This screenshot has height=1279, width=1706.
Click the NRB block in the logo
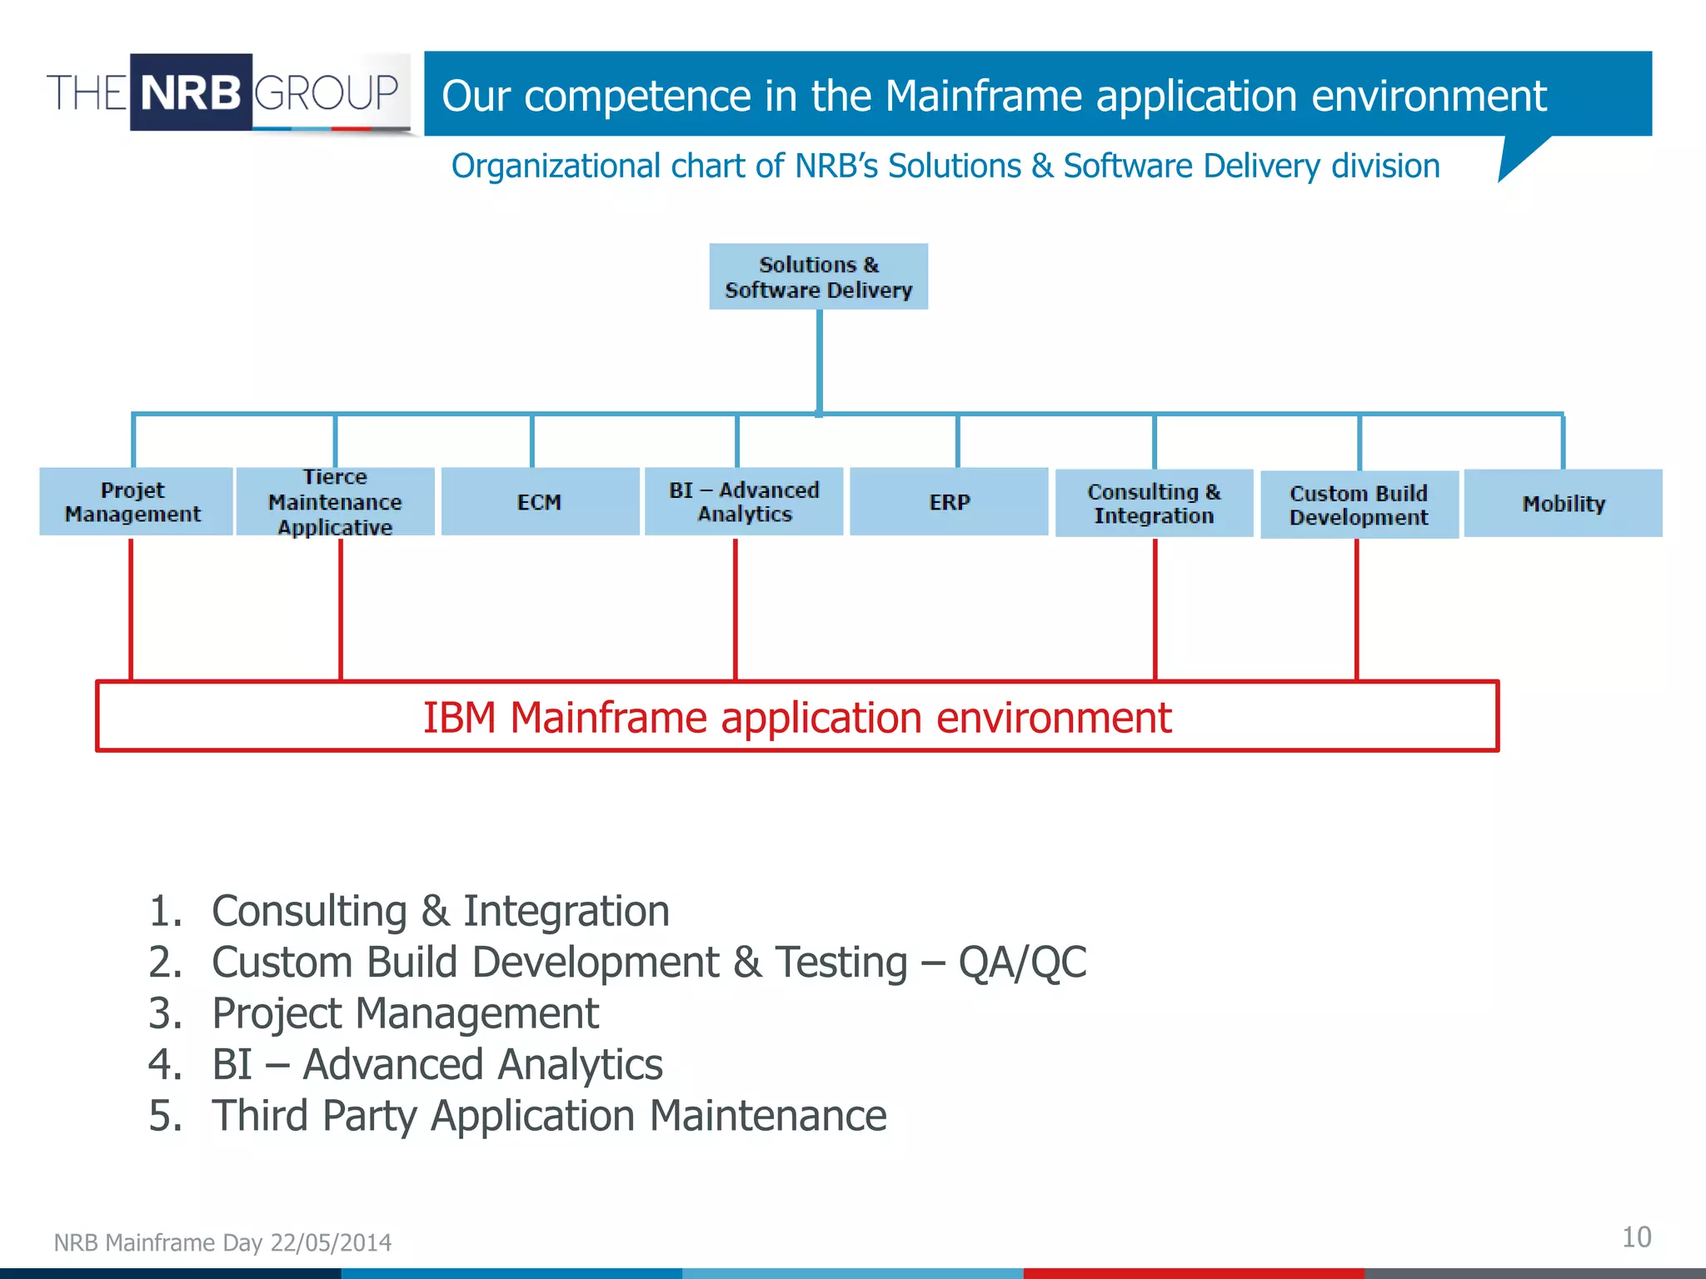(191, 92)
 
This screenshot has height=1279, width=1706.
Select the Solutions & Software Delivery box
(818, 276)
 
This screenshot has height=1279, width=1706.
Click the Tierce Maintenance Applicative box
(335, 501)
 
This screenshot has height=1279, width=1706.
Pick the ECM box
(540, 501)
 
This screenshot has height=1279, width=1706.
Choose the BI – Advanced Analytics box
(744, 501)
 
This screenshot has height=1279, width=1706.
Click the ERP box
(949, 501)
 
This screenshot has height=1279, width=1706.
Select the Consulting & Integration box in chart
(1154, 503)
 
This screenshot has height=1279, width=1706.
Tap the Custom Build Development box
(1359, 505)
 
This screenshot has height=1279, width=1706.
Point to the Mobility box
(1563, 503)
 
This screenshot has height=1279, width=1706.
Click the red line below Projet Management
(131, 608)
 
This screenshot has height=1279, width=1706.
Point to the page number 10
(1636, 1237)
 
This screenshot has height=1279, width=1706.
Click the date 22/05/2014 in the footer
(331, 1242)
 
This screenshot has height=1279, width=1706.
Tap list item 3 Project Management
(405, 1013)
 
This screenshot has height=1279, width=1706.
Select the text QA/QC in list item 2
(1022, 963)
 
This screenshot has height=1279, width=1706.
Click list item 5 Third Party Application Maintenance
(549, 1116)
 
